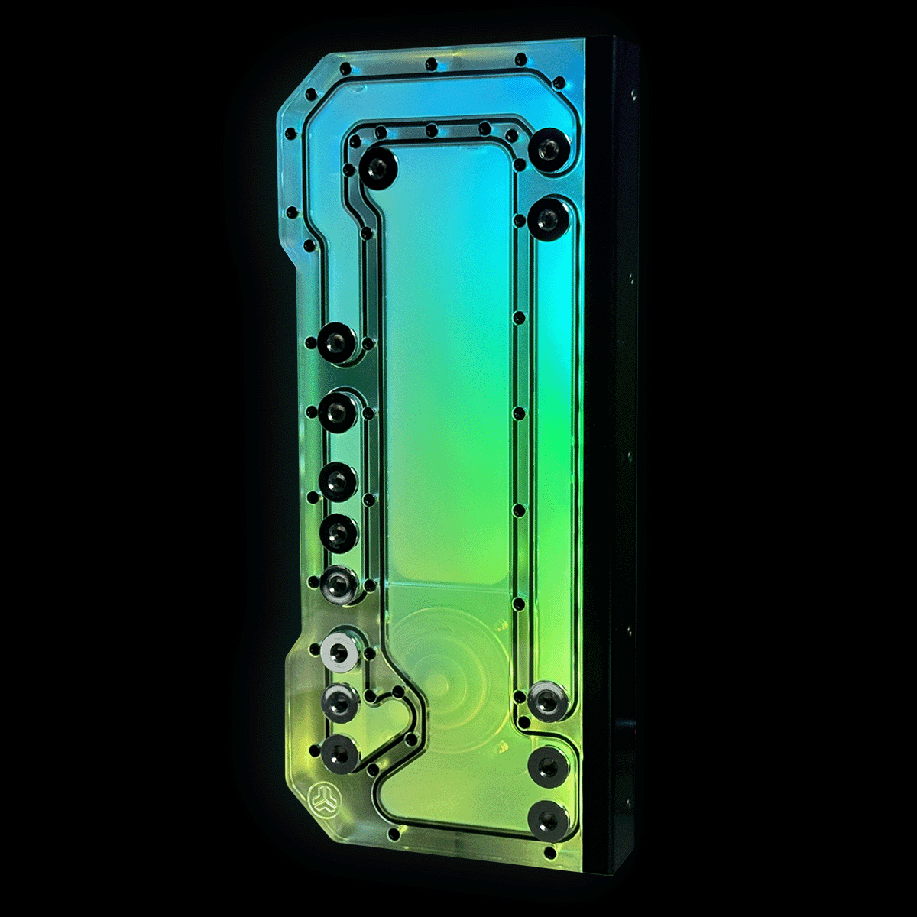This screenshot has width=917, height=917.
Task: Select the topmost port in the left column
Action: pyautogui.click(x=335, y=343)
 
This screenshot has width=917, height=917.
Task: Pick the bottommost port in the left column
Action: pyautogui.click(x=338, y=753)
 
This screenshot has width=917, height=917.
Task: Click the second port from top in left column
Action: pyautogui.click(x=337, y=412)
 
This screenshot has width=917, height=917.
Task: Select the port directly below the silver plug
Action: pyautogui.click(x=339, y=700)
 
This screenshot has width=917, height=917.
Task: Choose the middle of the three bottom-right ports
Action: pyautogui.click(x=546, y=766)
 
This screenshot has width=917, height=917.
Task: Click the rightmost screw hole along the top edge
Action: pyautogui.click(x=521, y=59)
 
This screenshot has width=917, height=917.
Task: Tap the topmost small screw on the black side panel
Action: pyautogui.click(x=633, y=96)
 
